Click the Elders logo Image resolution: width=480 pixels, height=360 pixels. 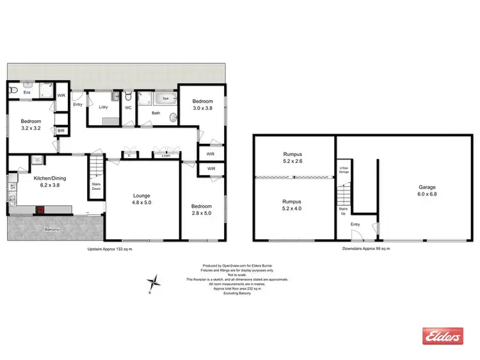441,336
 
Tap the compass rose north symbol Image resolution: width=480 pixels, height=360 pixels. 154,281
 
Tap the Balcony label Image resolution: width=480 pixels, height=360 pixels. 52,228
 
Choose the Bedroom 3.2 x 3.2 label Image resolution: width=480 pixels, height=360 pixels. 30,125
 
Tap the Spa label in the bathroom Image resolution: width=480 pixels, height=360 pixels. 165,99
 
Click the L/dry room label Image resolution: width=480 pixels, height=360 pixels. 104,107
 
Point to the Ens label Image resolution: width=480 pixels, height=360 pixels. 27,93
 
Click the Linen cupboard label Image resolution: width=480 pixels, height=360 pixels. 166,155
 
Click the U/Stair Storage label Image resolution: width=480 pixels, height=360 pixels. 344,170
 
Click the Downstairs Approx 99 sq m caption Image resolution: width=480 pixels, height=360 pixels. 365,248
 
